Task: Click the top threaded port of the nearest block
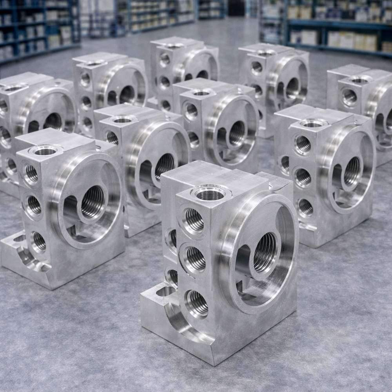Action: point(211,193)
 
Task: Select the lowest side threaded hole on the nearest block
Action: point(197,303)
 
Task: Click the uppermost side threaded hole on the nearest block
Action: point(194,220)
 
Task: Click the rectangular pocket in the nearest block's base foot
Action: point(165,291)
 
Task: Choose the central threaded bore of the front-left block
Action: point(93,201)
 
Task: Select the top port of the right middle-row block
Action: point(313,123)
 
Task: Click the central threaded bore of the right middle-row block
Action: point(352,171)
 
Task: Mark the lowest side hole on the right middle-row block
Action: point(305,207)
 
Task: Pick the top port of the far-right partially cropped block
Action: point(360,80)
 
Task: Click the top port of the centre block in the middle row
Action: point(201,93)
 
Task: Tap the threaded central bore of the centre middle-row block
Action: point(237,134)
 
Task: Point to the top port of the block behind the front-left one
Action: point(122,119)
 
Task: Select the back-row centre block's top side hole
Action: point(165,59)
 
